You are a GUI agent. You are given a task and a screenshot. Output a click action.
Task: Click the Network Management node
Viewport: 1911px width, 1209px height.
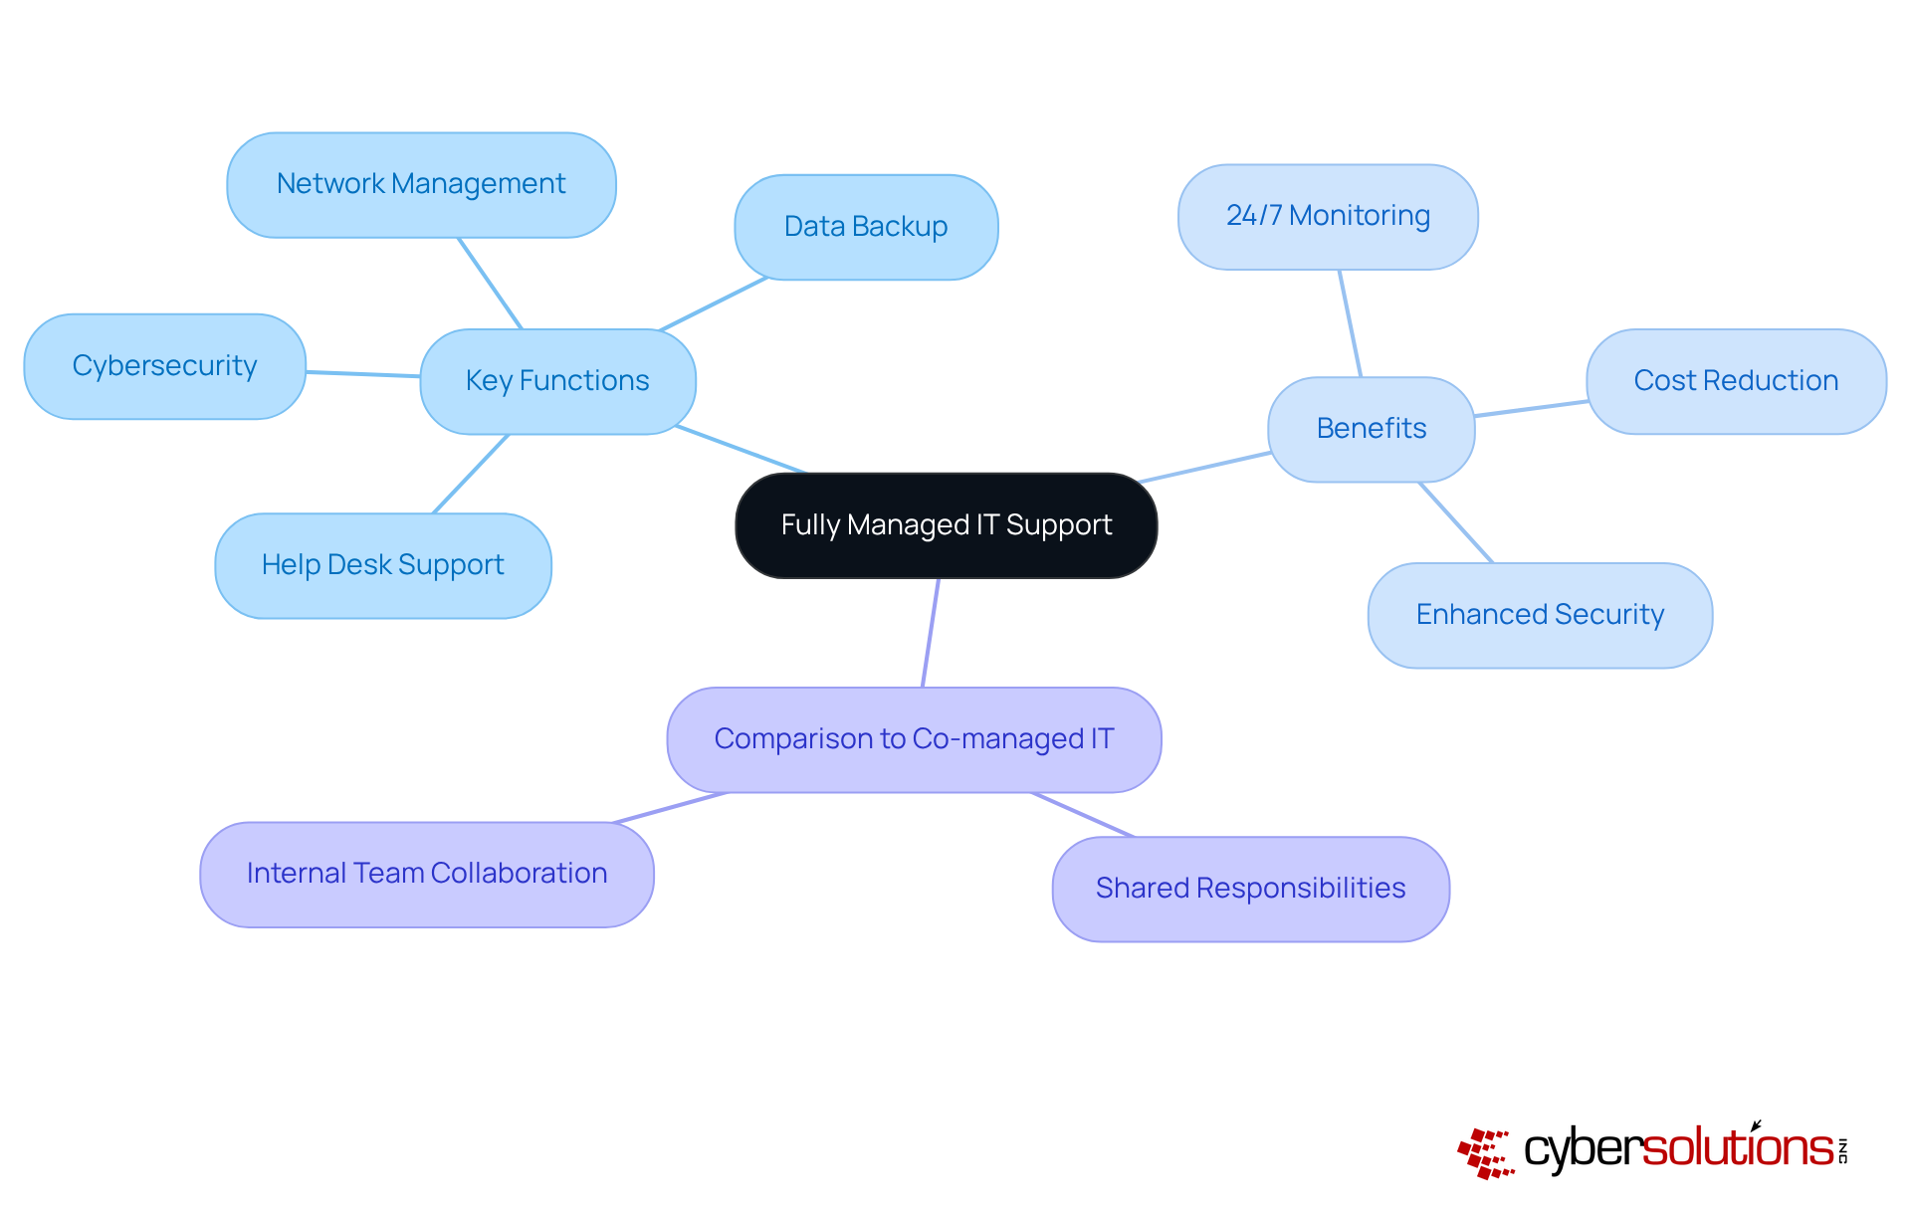pyautogui.click(x=421, y=185)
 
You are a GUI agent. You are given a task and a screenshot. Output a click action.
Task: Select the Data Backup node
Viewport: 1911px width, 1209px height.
pyautogui.click(x=866, y=227)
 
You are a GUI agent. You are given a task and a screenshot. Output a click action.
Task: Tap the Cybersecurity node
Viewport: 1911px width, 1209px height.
pyautogui.click(x=164, y=366)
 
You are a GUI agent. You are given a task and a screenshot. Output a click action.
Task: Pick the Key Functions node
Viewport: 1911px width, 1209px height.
pyautogui.click(x=557, y=381)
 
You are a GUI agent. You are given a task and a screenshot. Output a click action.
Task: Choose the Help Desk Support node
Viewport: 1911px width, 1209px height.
pyautogui.click(x=383, y=565)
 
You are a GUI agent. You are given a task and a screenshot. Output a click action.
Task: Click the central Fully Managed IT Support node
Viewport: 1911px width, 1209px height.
pyautogui.click(x=946, y=525)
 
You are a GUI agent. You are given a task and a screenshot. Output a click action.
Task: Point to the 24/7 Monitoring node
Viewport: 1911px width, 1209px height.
pyautogui.click(x=1328, y=217)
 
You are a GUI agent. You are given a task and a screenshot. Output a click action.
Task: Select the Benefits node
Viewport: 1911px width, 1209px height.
pyautogui.click(x=1371, y=429)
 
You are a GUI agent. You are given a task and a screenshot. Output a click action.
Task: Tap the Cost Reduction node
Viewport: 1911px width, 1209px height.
pyautogui.click(x=1736, y=381)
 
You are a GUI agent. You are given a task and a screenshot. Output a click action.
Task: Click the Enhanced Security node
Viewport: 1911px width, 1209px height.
pyautogui.click(x=1540, y=615)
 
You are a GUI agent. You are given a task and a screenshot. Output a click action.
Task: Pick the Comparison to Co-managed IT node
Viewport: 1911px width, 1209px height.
pyautogui.click(x=914, y=739)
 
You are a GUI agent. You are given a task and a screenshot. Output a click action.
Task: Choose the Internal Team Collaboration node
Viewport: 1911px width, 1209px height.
pyautogui.click(x=427, y=874)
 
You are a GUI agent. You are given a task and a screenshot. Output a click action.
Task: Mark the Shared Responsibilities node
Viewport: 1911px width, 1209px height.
pyautogui.click(x=1250, y=889)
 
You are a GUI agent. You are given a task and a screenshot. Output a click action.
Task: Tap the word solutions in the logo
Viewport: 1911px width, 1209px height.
pyautogui.click(x=1737, y=1148)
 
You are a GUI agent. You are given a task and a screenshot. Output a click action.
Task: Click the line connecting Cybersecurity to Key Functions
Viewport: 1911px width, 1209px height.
pyautogui.click(x=363, y=374)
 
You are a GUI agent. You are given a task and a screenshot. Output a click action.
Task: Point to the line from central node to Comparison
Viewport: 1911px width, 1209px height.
pyautogui.click(x=931, y=633)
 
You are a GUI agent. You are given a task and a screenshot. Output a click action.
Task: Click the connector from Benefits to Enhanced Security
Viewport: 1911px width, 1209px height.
pyautogui.click(x=1455, y=522)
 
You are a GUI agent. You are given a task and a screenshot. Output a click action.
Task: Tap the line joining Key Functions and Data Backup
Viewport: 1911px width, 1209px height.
pyautogui.click(x=713, y=303)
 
